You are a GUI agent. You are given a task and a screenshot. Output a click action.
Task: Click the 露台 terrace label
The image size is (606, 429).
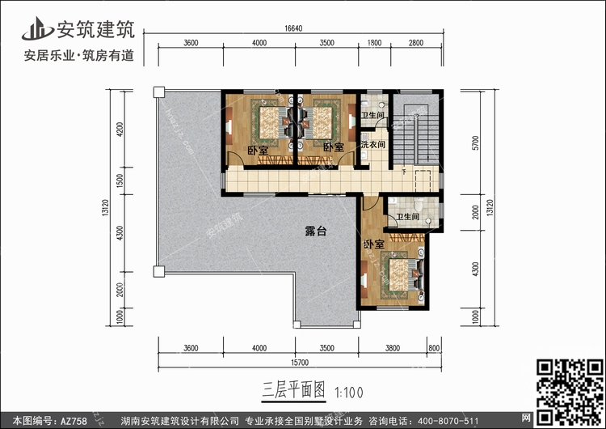tap(316, 231)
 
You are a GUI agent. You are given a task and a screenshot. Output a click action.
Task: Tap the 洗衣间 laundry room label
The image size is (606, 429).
tap(373, 144)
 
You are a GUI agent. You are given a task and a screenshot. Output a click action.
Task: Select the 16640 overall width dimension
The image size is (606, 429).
tap(293, 28)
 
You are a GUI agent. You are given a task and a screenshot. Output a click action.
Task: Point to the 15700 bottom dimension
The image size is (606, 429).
tap(300, 363)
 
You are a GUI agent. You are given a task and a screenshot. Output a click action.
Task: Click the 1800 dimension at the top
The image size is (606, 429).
tap(374, 43)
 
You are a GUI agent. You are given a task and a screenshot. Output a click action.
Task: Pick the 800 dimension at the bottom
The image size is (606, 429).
tap(434, 348)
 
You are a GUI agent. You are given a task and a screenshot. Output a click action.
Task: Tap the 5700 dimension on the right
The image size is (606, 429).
tap(475, 143)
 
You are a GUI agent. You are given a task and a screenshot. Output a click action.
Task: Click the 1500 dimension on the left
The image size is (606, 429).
tap(120, 181)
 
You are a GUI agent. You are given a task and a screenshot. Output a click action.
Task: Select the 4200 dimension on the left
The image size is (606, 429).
tap(120, 130)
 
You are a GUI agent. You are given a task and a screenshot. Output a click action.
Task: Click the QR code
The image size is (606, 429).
tap(570, 392)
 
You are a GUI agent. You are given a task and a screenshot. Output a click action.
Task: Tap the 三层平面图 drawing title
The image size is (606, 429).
tap(293, 390)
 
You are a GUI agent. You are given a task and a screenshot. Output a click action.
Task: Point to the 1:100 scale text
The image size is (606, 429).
tap(349, 393)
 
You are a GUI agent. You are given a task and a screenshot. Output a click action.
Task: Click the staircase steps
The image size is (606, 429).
tap(416, 134)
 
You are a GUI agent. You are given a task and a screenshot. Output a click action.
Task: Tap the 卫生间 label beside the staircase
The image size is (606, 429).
tap(372, 115)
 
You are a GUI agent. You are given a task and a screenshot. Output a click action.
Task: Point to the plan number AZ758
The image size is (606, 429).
tap(74, 421)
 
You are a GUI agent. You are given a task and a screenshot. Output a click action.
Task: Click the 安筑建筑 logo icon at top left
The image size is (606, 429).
tap(37, 28)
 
